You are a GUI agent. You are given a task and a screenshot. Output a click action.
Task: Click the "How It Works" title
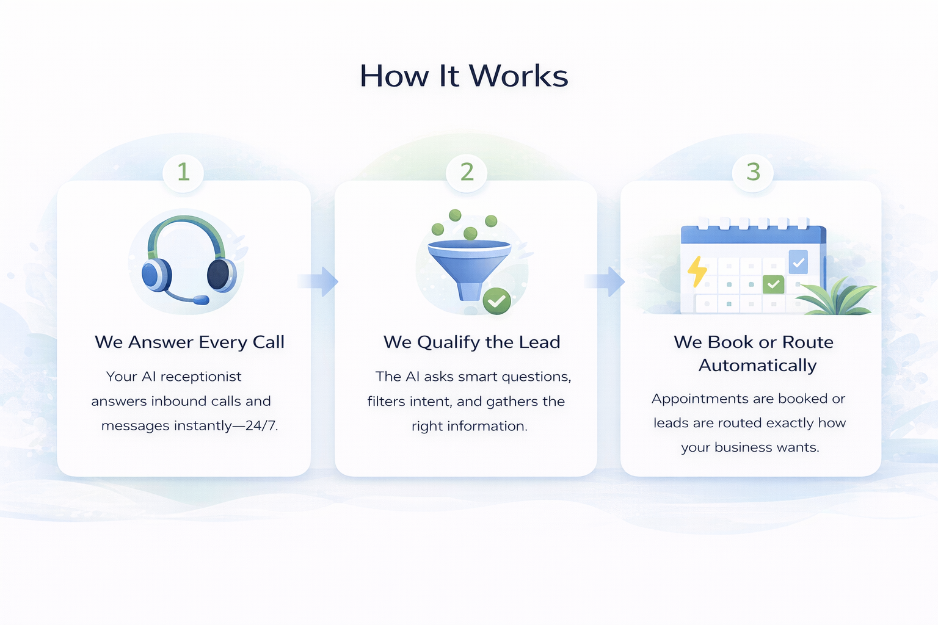coord(464,76)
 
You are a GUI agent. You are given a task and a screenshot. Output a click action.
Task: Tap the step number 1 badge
coord(183,172)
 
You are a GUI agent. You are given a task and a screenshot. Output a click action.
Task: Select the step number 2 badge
coord(467,172)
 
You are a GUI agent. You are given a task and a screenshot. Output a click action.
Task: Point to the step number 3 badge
coord(753,172)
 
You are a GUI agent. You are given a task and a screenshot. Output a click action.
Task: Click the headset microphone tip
coord(201,300)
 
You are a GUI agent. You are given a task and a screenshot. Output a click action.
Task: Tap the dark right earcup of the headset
coord(219,274)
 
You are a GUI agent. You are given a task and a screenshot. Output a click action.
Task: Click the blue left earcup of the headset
coord(155,275)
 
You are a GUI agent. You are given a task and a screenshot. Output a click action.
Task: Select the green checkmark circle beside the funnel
coord(496,301)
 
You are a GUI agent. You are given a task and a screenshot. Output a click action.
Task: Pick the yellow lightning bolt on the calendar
coord(697,271)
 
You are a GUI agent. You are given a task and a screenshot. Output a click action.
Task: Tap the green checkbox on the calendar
coord(773,284)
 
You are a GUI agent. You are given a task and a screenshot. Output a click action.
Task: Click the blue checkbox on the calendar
coord(798,262)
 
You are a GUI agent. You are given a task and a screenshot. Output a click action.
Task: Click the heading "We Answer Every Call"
coord(189,342)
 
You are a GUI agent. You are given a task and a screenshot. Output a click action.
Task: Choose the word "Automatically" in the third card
coord(757,365)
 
